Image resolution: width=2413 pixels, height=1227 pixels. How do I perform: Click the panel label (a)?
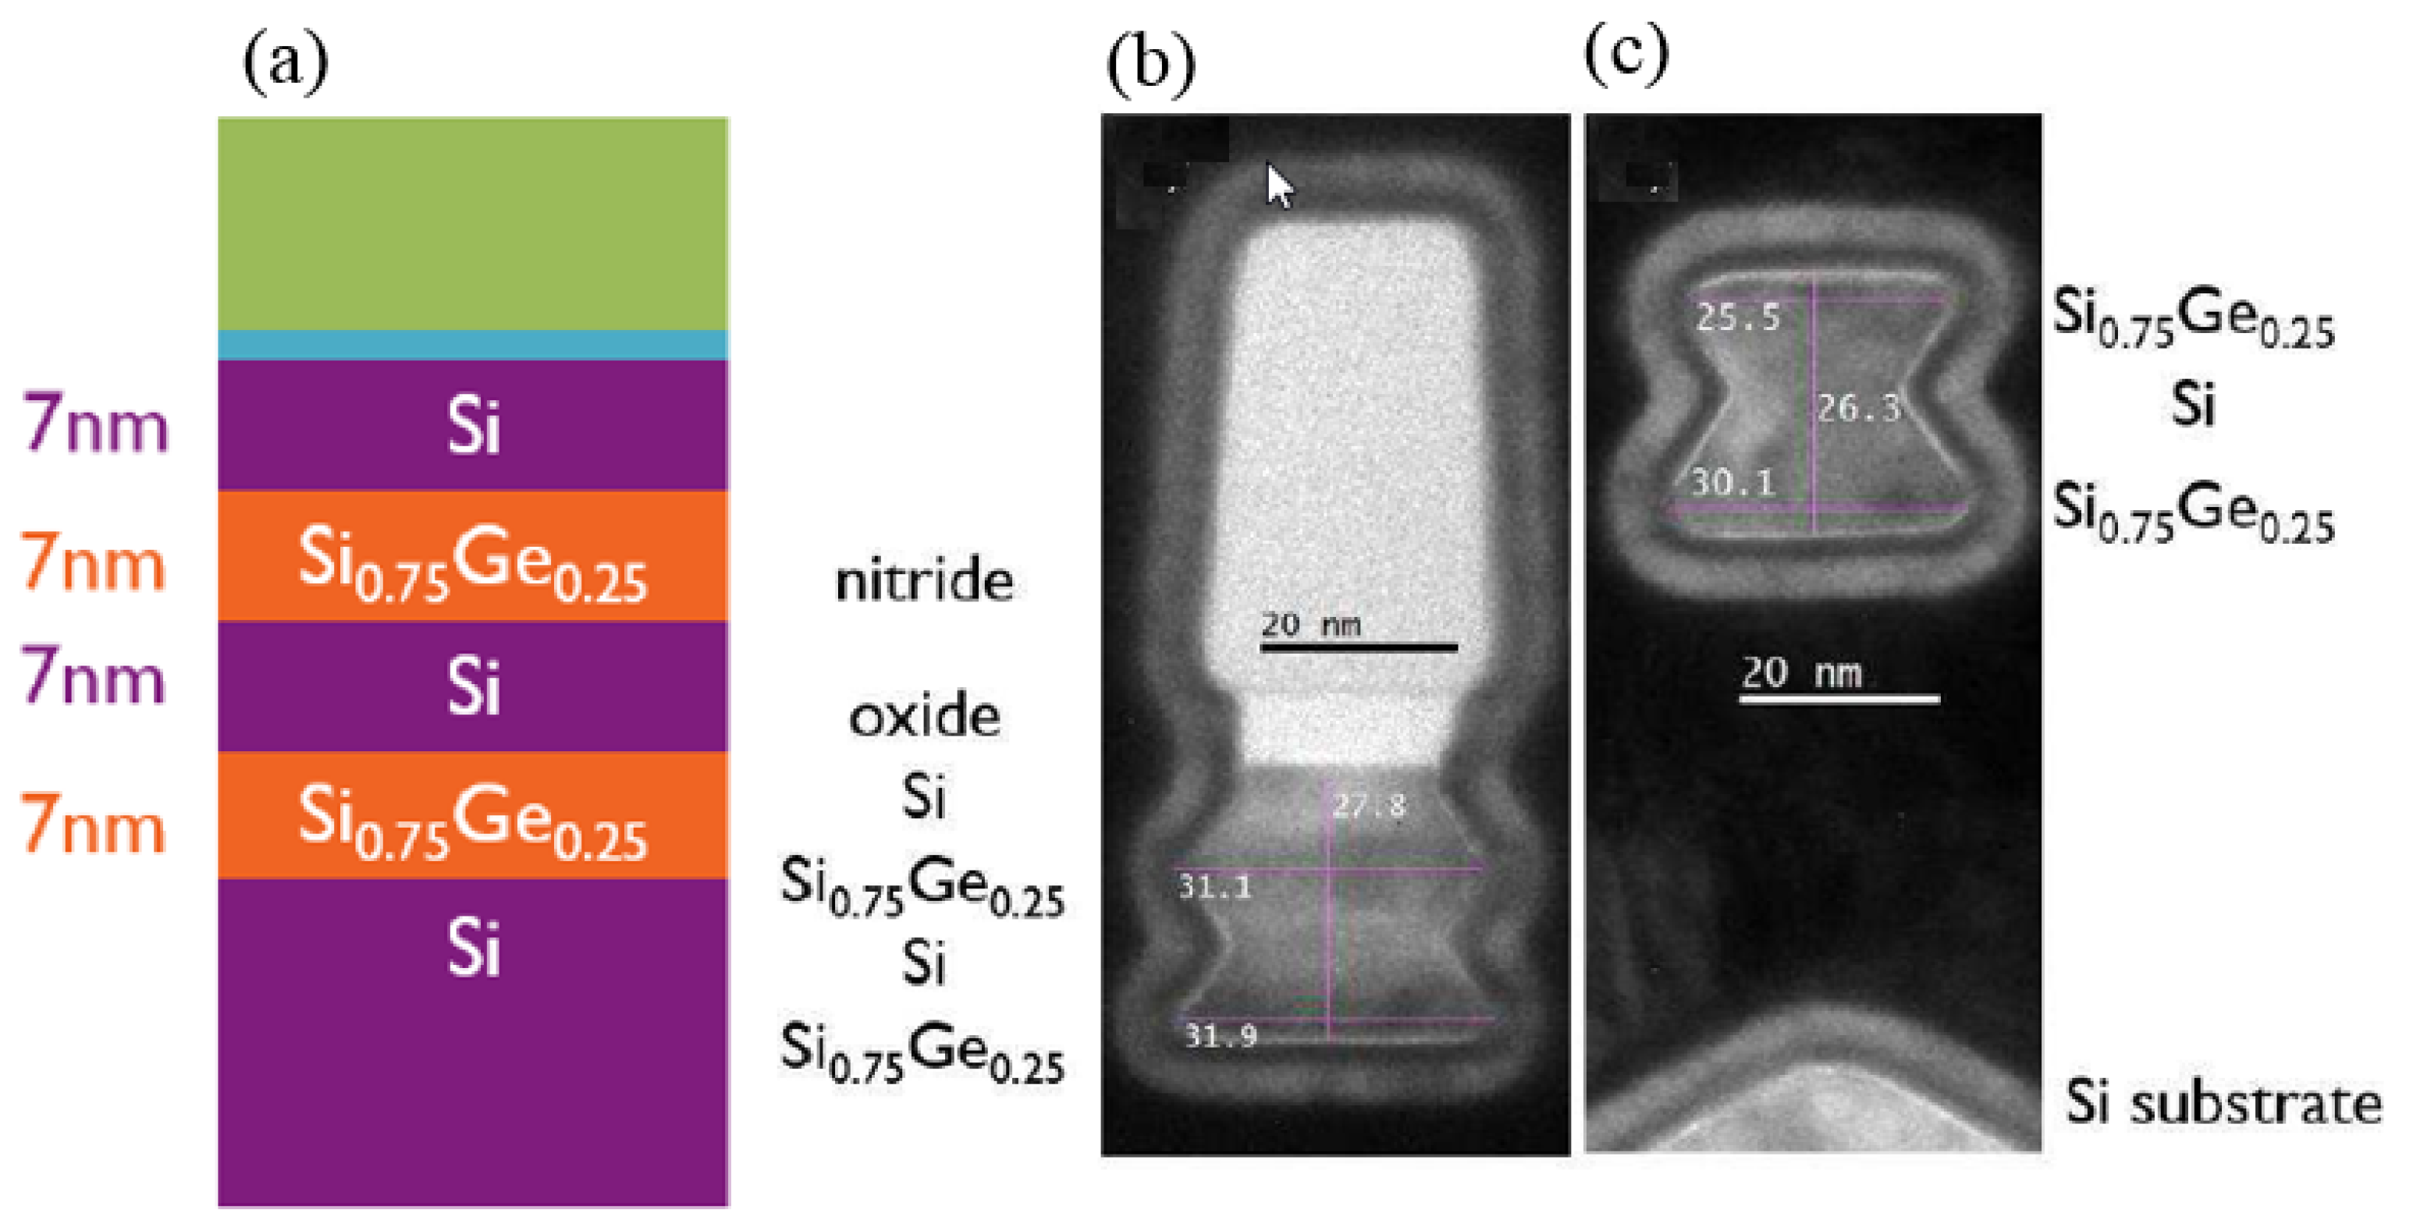(285, 62)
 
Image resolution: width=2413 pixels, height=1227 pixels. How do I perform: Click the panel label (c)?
(1626, 55)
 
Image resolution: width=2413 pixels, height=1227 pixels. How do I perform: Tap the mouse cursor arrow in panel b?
(1278, 185)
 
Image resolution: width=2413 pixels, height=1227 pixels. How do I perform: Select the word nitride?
(924, 580)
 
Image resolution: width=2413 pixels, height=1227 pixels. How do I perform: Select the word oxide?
(924, 717)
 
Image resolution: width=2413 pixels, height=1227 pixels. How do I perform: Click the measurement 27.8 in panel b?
(1370, 804)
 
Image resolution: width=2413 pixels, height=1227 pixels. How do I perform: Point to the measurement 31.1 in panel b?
(1215, 886)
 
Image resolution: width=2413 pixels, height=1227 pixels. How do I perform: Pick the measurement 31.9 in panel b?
(1221, 1035)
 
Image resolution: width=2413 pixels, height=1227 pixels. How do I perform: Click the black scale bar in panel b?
(1358, 647)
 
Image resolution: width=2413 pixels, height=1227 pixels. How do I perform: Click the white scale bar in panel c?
(1839, 699)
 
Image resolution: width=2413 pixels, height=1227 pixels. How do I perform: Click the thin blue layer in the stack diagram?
(473, 345)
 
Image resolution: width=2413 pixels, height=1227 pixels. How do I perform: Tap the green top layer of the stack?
(473, 223)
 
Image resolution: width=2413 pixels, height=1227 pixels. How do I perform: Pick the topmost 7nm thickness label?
(94, 424)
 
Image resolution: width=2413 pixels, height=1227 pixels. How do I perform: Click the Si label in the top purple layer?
(473, 426)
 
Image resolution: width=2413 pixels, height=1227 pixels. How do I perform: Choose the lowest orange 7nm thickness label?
(92, 825)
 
